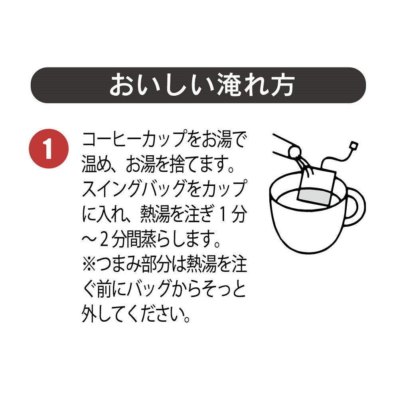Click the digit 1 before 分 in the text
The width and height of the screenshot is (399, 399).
pos(222,216)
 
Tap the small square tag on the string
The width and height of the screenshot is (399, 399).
pos(352,144)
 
